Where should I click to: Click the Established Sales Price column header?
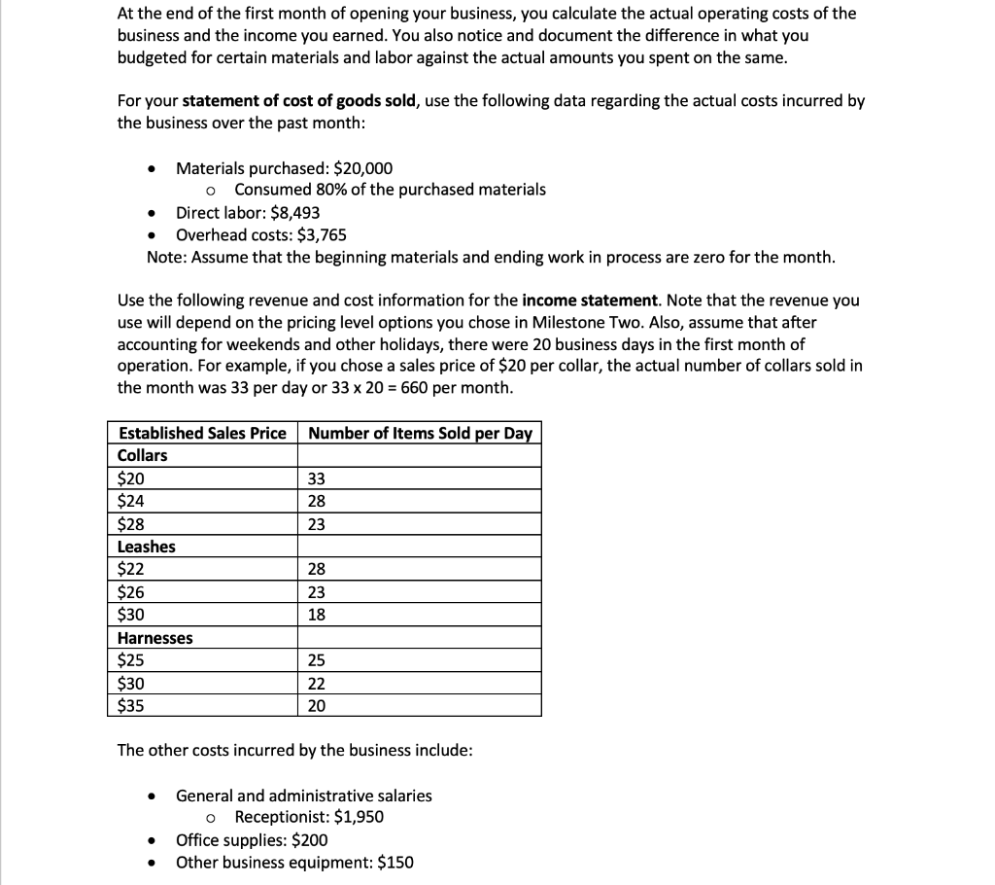[x=202, y=433]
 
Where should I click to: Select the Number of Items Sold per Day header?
[x=420, y=433]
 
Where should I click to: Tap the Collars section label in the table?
[x=142, y=455]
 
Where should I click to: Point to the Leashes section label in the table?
[x=146, y=547]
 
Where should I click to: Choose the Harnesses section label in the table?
[x=154, y=638]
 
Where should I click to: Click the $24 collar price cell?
[x=130, y=502]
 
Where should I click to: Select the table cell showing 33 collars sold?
[x=316, y=478]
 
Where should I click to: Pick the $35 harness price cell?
[x=130, y=706]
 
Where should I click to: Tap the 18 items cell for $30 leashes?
[x=316, y=615]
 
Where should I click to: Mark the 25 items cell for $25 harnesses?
[x=316, y=661]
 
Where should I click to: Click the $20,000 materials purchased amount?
[x=362, y=167]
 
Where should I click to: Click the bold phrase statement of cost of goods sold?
[x=301, y=101]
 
